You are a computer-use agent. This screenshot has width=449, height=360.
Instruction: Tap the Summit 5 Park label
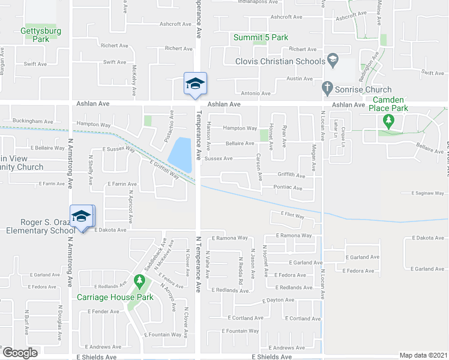261,37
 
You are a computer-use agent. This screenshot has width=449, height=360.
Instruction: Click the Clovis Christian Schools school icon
333,60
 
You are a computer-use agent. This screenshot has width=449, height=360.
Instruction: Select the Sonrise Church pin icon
328,88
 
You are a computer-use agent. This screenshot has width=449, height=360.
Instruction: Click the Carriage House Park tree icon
139,281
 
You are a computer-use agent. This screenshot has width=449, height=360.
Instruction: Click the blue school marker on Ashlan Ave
195,83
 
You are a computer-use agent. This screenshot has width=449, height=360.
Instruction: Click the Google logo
20,353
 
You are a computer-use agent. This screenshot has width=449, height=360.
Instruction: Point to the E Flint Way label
292,215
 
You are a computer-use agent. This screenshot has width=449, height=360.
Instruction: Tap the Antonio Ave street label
256,93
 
